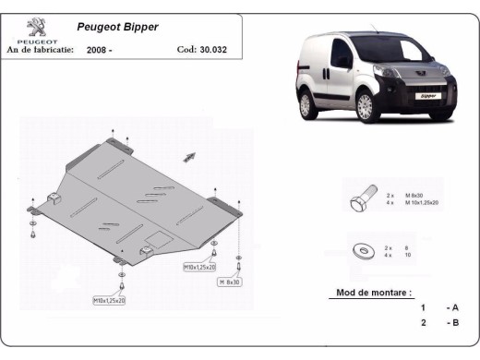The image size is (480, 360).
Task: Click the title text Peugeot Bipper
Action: pyautogui.click(x=108, y=28)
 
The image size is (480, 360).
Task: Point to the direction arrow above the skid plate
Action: pyautogui.click(x=192, y=155)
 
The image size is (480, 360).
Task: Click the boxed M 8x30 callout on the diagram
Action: pyautogui.click(x=228, y=282)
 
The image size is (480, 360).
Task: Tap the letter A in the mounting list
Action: pyautogui.click(x=453, y=307)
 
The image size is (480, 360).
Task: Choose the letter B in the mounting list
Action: pyautogui.click(x=453, y=323)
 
